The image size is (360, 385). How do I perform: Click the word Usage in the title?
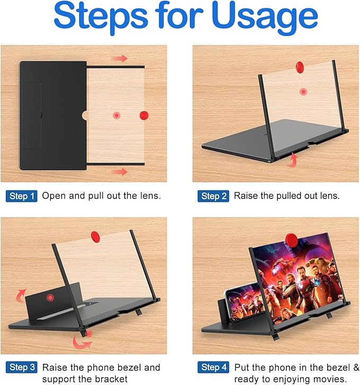pyautogui.click(x=265, y=17)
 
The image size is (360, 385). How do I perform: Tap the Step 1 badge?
pyautogui.click(x=22, y=196)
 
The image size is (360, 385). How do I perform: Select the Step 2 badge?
pyautogui.click(x=213, y=196)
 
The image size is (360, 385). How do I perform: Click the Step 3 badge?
pyautogui.click(x=22, y=368)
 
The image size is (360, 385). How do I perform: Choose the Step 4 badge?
pyautogui.click(x=213, y=368)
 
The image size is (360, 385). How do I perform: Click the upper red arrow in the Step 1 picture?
pyautogui.click(x=119, y=58)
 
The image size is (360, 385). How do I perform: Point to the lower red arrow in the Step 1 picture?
pyautogui.click(x=119, y=172)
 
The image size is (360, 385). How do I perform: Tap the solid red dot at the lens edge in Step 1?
pyautogui.click(x=144, y=115)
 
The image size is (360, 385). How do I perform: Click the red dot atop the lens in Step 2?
pyautogui.click(x=300, y=66)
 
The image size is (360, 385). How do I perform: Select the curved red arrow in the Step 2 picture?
pyautogui.click(x=293, y=160)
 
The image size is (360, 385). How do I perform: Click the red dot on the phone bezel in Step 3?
pyautogui.click(x=50, y=298)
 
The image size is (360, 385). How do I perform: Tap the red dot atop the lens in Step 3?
pyautogui.click(x=95, y=236)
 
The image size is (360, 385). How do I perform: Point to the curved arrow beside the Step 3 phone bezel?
pyautogui.click(x=21, y=296)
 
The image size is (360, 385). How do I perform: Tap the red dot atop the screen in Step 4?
pyautogui.click(x=292, y=240)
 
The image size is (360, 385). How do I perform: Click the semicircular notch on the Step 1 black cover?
pyautogui.click(x=84, y=115)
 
